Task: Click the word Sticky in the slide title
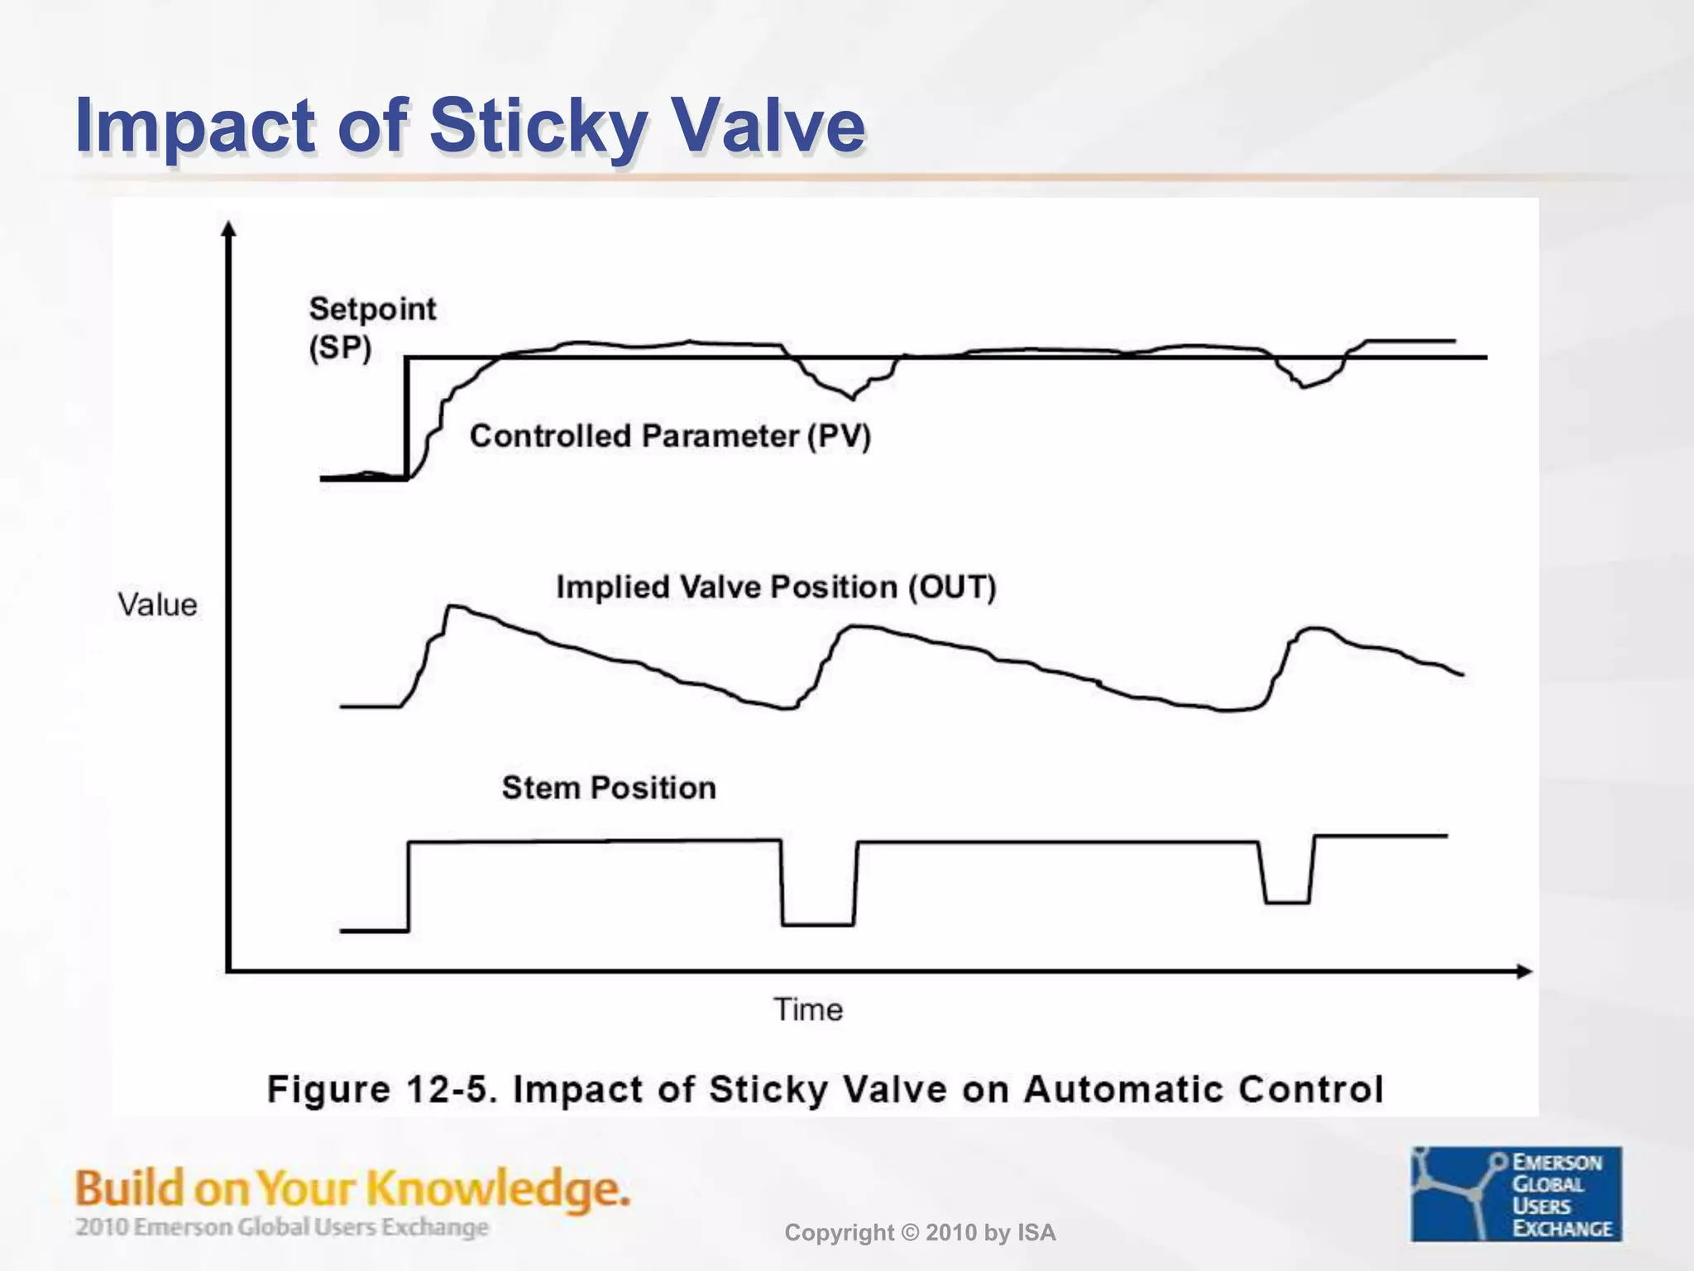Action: pos(536,126)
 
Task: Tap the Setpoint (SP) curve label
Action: pos(371,328)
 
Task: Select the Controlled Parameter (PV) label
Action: pos(670,436)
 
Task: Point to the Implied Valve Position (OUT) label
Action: pos(776,588)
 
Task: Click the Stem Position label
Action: pos(609,788)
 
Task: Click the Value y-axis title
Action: pos(157,605)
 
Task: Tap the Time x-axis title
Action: pos(808,1010)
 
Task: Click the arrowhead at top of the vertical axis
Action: pos(229,228)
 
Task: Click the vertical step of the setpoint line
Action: pos(406,418)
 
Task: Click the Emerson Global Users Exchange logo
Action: pos(1516,1194)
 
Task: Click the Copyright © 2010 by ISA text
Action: pos(920,1233)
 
